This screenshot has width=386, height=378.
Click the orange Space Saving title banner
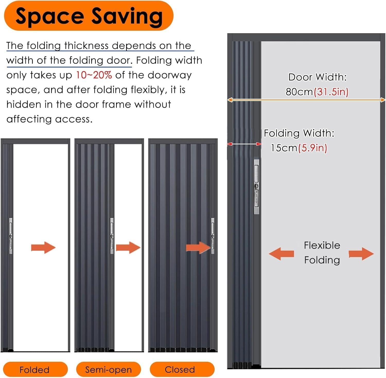coord(89,16)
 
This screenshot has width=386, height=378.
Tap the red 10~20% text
coord(94,75)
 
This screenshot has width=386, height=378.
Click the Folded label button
coord(35,370)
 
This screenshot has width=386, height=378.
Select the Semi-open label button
coord(108,370)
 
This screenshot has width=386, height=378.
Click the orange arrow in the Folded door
coord(43,248)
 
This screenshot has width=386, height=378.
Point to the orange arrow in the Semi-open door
coord(128,248)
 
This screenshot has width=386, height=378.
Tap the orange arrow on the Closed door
coord(198,248)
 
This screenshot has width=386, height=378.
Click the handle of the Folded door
coord(11,236)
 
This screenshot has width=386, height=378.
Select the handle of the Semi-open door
coord(112,236)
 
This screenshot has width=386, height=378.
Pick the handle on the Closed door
coord(213,236)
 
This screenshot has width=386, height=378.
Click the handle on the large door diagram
coord(256,187)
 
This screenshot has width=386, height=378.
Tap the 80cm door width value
coord(299,92)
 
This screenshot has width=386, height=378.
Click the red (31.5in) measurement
coord(331,92)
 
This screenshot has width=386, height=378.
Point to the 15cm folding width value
coord(284,148)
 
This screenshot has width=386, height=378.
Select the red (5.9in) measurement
coord(313,148)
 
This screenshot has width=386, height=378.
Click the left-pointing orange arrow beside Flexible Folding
coord(281,254)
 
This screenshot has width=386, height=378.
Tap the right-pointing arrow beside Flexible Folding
coord(361,254)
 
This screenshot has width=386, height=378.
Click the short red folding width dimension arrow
coord(244,144)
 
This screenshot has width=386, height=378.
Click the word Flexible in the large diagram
coord(322,245)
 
